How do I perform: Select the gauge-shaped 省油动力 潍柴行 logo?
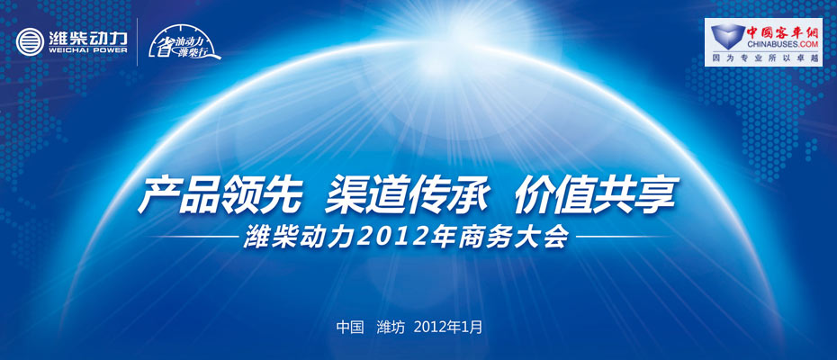[183, 41]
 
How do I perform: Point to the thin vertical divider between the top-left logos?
[137, 42]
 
